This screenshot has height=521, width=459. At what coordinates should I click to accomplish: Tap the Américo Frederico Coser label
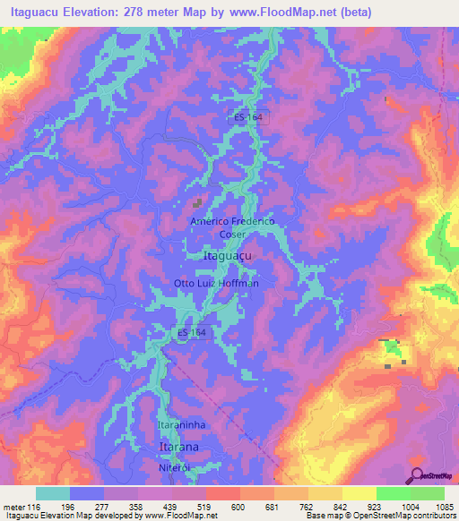click(x=231, y=226)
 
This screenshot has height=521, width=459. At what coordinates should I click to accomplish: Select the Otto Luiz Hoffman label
click(x=216, y=284)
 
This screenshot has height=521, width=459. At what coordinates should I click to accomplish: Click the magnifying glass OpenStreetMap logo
click(x=416, y=476)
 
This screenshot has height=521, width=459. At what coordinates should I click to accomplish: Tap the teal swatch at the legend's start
click(x=52, y=493)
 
